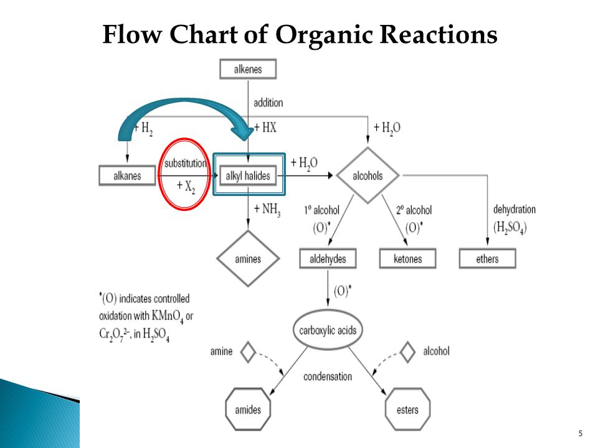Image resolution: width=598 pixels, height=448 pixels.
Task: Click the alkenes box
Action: (x=248, y=69)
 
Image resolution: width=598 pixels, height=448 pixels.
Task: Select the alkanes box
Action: (x=127, y=175)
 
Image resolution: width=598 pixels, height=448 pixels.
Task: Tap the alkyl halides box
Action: (x=248, y=175)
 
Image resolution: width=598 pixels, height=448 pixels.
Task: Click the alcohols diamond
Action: (x=368, y=175)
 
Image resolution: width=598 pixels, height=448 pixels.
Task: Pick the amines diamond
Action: (x=248, y=259)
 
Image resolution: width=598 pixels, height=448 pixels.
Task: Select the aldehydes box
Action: (x=328, y=259)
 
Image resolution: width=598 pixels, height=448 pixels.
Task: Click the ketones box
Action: (x=407, y=259)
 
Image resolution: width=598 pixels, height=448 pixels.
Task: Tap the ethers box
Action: (x=487, y=259)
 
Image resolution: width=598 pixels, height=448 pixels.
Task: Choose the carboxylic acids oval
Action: (x=328, y=330)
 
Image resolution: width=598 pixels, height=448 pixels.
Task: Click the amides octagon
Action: (x=248, y=409)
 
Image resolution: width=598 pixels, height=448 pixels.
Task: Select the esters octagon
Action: (x=407, y=409)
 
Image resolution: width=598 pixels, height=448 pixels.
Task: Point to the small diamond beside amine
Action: (x=249, y=352)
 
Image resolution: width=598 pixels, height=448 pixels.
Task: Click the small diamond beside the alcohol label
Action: (x=407, y=352)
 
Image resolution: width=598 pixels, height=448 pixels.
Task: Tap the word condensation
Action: (x=328, y=376)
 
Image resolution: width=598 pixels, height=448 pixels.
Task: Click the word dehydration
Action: (x=515, y=209)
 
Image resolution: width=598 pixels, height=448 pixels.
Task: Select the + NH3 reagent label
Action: (x=267, y=210)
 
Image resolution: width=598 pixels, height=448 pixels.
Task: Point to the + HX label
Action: (x=265, y=127)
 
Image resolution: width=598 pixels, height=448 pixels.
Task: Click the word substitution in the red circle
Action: (x=186, y=163)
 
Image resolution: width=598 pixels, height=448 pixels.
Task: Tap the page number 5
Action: (x=581, y=433)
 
